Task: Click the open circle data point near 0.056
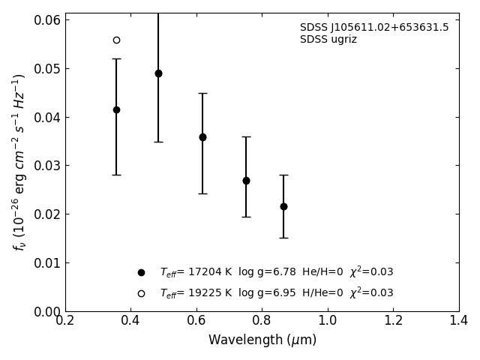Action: pos(116,40)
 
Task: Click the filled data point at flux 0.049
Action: pos(158,73)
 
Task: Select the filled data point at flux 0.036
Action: pos(202,137)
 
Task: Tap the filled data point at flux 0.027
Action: pos(246,181)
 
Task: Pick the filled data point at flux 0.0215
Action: pos(283,206)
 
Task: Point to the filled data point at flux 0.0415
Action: pos(116,109)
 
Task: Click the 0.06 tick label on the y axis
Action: pos(46,20)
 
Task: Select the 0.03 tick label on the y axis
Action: pos(46,166)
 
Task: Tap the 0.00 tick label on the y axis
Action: pos(46,311)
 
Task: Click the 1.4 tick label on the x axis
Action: pos(459,321)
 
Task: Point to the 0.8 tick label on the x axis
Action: pos(262,321)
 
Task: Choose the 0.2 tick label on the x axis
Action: pos(65,321)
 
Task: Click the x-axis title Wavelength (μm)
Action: pos(262,340)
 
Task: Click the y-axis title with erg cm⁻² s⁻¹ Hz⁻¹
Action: pos(19,161)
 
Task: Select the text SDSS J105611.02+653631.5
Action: pos(374,28)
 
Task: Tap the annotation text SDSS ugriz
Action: pos(328,40)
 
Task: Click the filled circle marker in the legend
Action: pos(141,273)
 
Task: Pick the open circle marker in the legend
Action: pos(141,293)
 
